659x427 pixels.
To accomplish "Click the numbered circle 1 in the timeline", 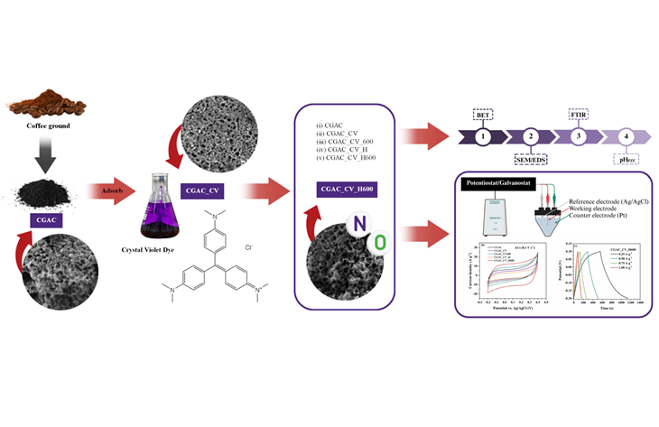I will click(x=485, y=136).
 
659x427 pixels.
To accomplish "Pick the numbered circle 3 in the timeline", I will click(x=579, y=136).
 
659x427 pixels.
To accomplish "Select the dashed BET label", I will click(x=485, y=116).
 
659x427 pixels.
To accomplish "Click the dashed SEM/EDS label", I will click(x=532, y=158).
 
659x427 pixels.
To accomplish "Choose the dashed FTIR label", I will click(x=579, y=116).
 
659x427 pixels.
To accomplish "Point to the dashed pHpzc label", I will click(x=626, y=158).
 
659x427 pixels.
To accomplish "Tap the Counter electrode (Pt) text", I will click(x=599, y=220).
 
